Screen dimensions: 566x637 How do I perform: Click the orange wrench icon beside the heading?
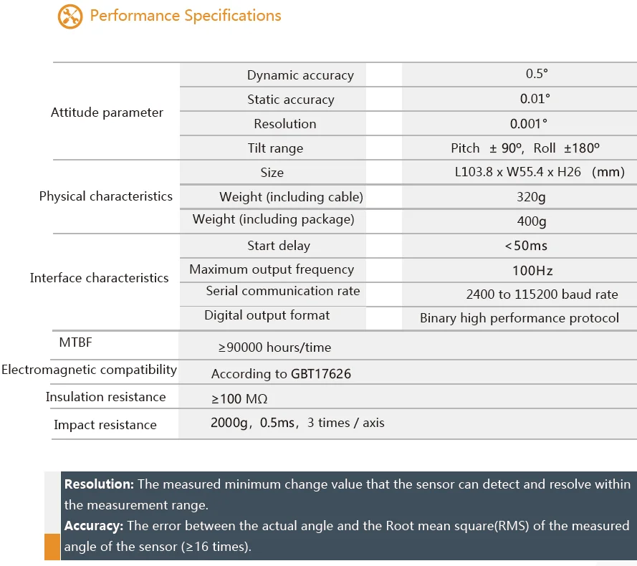point(70,16)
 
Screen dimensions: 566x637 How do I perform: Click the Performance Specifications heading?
point(186,16)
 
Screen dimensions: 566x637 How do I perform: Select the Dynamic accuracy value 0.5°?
point(537,74)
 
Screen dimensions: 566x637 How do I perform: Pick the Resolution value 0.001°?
point(529,123)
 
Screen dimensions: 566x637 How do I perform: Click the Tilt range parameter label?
point(275,148)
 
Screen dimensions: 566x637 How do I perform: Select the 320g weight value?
point(532,197)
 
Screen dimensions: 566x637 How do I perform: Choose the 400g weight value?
point(532,221)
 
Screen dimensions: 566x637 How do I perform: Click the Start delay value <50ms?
point(526,246)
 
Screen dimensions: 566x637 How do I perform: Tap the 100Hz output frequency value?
point(532,270)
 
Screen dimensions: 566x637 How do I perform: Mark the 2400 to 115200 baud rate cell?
point(542,294)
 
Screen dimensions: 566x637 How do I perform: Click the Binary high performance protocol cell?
point(519,318)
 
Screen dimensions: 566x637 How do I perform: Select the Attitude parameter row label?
point(107,112)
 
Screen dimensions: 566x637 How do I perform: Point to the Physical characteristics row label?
point(106,196)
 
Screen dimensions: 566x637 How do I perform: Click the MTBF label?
point(75,342)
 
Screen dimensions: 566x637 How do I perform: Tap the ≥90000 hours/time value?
point(275,347)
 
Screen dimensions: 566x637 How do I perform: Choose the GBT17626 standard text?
point(321,374)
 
